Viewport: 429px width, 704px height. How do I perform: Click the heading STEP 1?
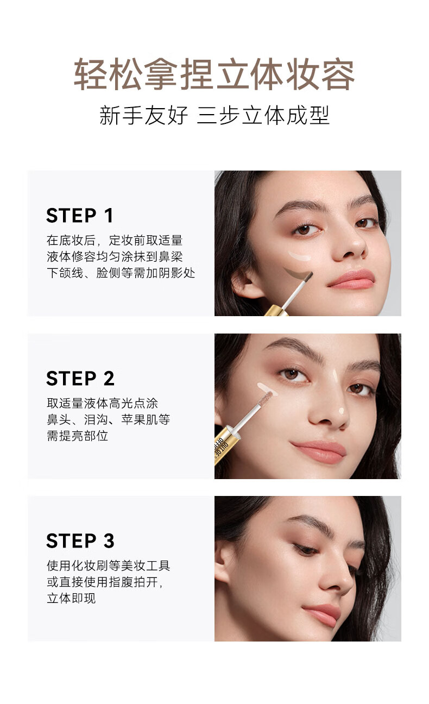[x=79, y=216]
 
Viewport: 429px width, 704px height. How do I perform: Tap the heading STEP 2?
[x=80, y=378]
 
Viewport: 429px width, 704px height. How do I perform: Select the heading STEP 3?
[x=80, y=541]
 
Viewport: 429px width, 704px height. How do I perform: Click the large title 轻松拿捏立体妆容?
[x=214, y=74]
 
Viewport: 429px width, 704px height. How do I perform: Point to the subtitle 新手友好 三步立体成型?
[x=214, y=115]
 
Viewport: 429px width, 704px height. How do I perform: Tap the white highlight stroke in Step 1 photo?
[x=300, y=256]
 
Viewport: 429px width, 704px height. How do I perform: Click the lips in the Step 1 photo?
[x=351, y=279]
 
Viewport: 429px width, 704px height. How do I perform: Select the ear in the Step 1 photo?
[x=244, y=283]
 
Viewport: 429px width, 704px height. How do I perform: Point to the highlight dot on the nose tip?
[x=342, y=411]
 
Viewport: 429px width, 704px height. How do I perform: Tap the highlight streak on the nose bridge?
[x=336, y=376]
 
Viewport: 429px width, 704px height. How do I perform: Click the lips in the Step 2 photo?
[x=318, y=451]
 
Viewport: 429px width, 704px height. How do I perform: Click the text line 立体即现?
[x=71, y=598]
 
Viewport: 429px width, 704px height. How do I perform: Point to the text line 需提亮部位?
[x=77, y=436]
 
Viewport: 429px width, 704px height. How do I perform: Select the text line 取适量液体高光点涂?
[x=102, y=403]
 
